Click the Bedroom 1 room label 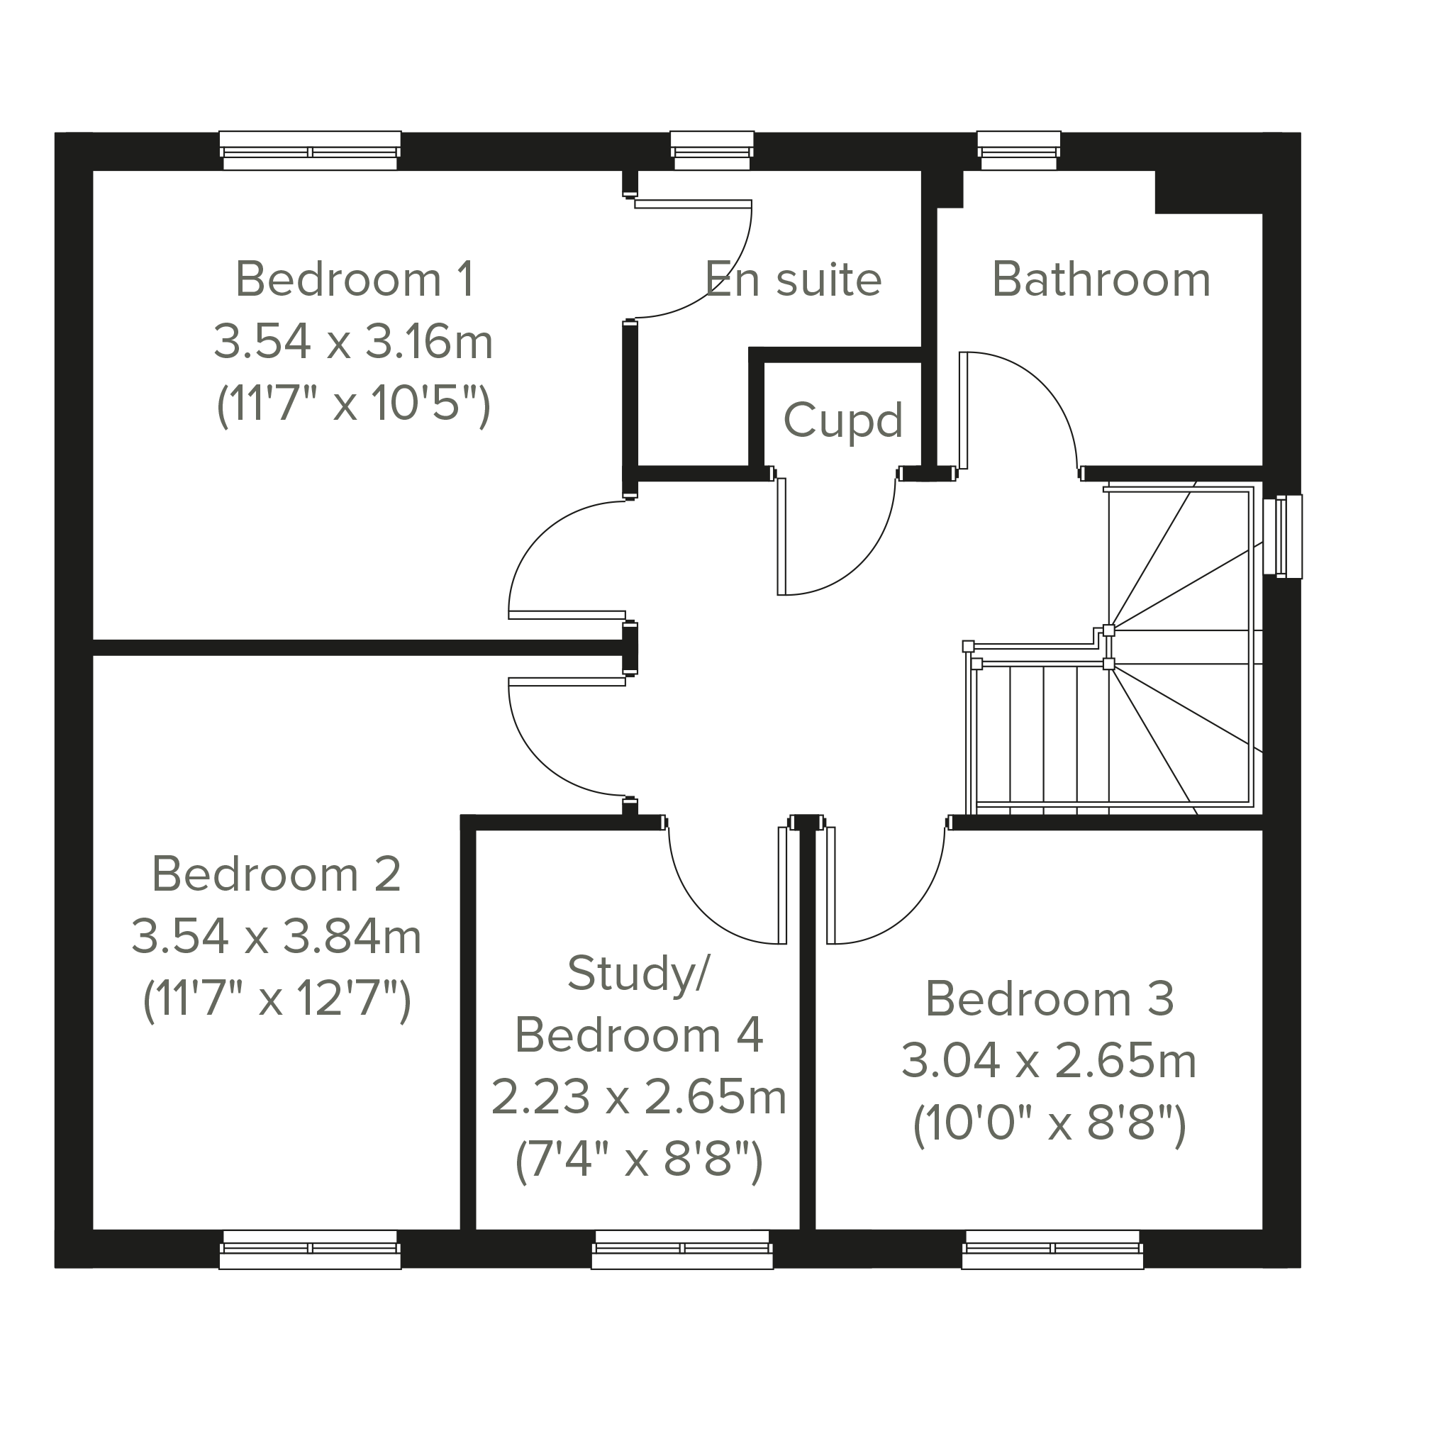point(355,279)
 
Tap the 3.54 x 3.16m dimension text point(354,342)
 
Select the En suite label point(793,279)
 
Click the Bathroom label point(1101,279)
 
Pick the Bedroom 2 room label point(277,874)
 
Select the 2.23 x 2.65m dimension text point(638,1096)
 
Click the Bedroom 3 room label point(1050,998)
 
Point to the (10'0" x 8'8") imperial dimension point(1050,1124)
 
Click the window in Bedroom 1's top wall point(310,151)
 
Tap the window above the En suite point(712,151)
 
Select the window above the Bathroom point(1019,151)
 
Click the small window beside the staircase point(1283,536)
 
